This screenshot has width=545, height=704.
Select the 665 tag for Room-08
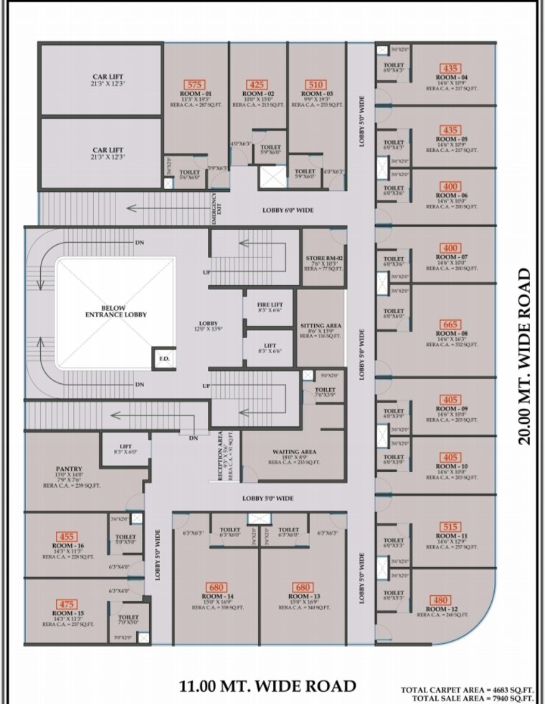click(450, 324)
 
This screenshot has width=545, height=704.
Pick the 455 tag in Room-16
click(67, 536)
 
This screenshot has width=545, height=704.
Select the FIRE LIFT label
click(270, 305)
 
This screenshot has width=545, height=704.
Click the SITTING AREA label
click(321, 325)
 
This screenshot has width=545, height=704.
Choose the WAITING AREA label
click(294, 452)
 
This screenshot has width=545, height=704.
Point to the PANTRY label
click(69, 469)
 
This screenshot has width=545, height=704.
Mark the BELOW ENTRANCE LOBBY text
click(115, 312)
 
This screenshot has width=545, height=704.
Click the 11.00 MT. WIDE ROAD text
click(267, 685)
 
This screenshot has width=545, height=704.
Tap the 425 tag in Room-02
click(257, 85)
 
